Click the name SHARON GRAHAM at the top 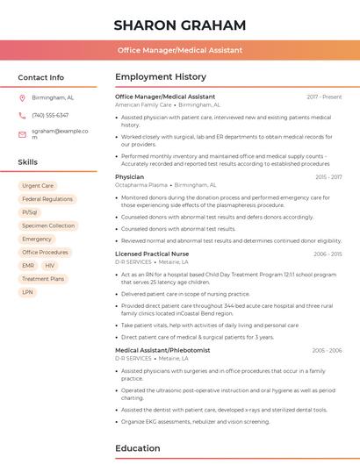tap(179, 25)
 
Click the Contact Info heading tap(40, 77)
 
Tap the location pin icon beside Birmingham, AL tap(22, 97)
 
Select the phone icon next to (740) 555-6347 tap(22, 115)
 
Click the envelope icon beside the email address tap(22, 133)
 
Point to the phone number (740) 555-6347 tap(50, 115)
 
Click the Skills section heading tap(28, 162)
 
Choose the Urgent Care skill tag tap(38, 186)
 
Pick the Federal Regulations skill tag tap(47, 199)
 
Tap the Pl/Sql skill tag tap(30, 212)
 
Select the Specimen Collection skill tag tap(48, 225)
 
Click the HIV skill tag tap(50, 265)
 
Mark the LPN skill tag tap(28, 292)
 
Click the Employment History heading tap(161, 77)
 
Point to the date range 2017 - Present tap(324, 97)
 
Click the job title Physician tap(129, 176)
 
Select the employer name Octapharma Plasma tap(141, 185)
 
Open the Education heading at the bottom tap(138, 448)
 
